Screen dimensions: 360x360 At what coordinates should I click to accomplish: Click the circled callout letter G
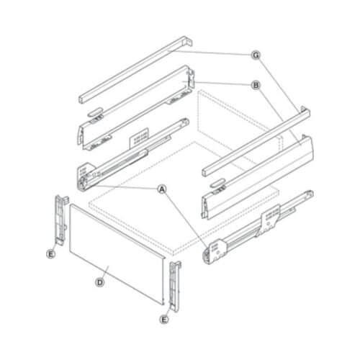pos(255,55)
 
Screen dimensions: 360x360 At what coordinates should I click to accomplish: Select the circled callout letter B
pos(255,85)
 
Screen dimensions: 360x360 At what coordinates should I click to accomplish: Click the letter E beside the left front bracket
pos(51,253)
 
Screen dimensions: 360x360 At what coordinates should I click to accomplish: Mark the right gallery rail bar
pos(256,140)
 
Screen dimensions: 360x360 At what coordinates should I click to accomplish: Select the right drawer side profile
pos(259,173)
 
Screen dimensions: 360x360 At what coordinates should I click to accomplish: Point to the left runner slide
pos(126,155)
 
